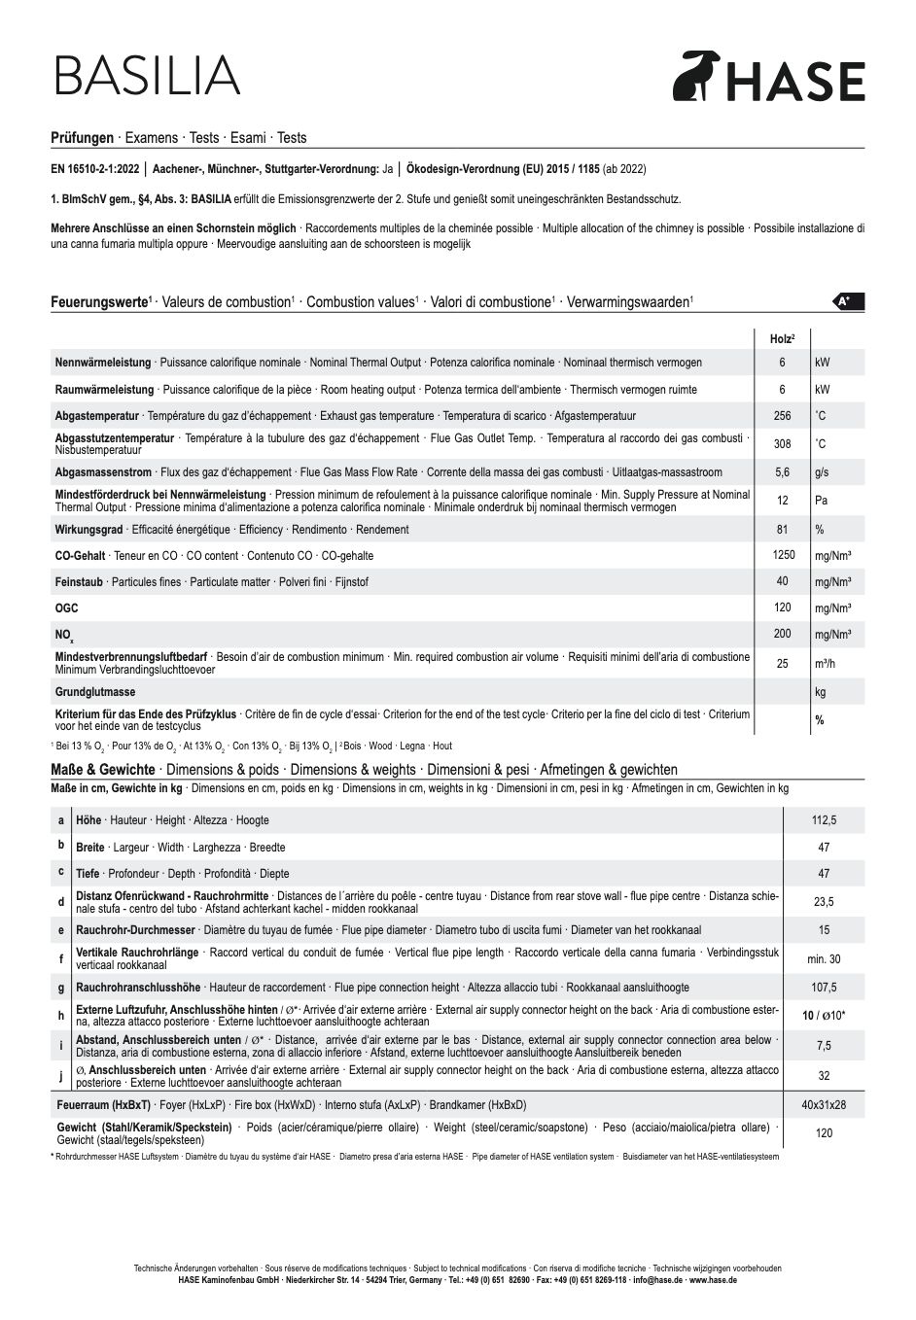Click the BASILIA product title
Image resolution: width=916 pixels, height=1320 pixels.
[147, 76]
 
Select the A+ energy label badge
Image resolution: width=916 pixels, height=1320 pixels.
[848, 301]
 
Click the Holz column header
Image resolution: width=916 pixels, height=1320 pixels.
[782, 337]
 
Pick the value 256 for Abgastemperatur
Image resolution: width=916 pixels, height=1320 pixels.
[782, 416]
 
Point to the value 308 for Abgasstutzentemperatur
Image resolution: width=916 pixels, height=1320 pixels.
[782, 444]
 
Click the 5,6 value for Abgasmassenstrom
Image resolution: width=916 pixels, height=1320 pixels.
[782, 472]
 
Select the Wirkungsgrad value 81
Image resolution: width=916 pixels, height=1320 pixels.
[782, 530]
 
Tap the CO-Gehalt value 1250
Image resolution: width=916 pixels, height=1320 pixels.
[783, 555]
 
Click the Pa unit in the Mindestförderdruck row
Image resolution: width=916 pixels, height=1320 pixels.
[821, 501]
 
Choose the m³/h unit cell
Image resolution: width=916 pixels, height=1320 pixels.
[826, 663]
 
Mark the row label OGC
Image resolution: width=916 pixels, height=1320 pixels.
[66, 608]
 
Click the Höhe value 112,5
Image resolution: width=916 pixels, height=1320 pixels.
[824, 820]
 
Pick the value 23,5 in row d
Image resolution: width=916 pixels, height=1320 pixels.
[824, 902]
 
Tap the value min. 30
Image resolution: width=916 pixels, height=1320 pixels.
[824, 959]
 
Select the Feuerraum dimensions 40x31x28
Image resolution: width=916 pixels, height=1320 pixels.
[824, 1105]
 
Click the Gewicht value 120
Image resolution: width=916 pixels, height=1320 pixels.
[824, 1133]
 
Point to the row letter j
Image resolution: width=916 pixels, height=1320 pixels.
[60, 1076]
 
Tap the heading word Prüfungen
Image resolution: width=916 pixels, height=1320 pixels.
[82, 138]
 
